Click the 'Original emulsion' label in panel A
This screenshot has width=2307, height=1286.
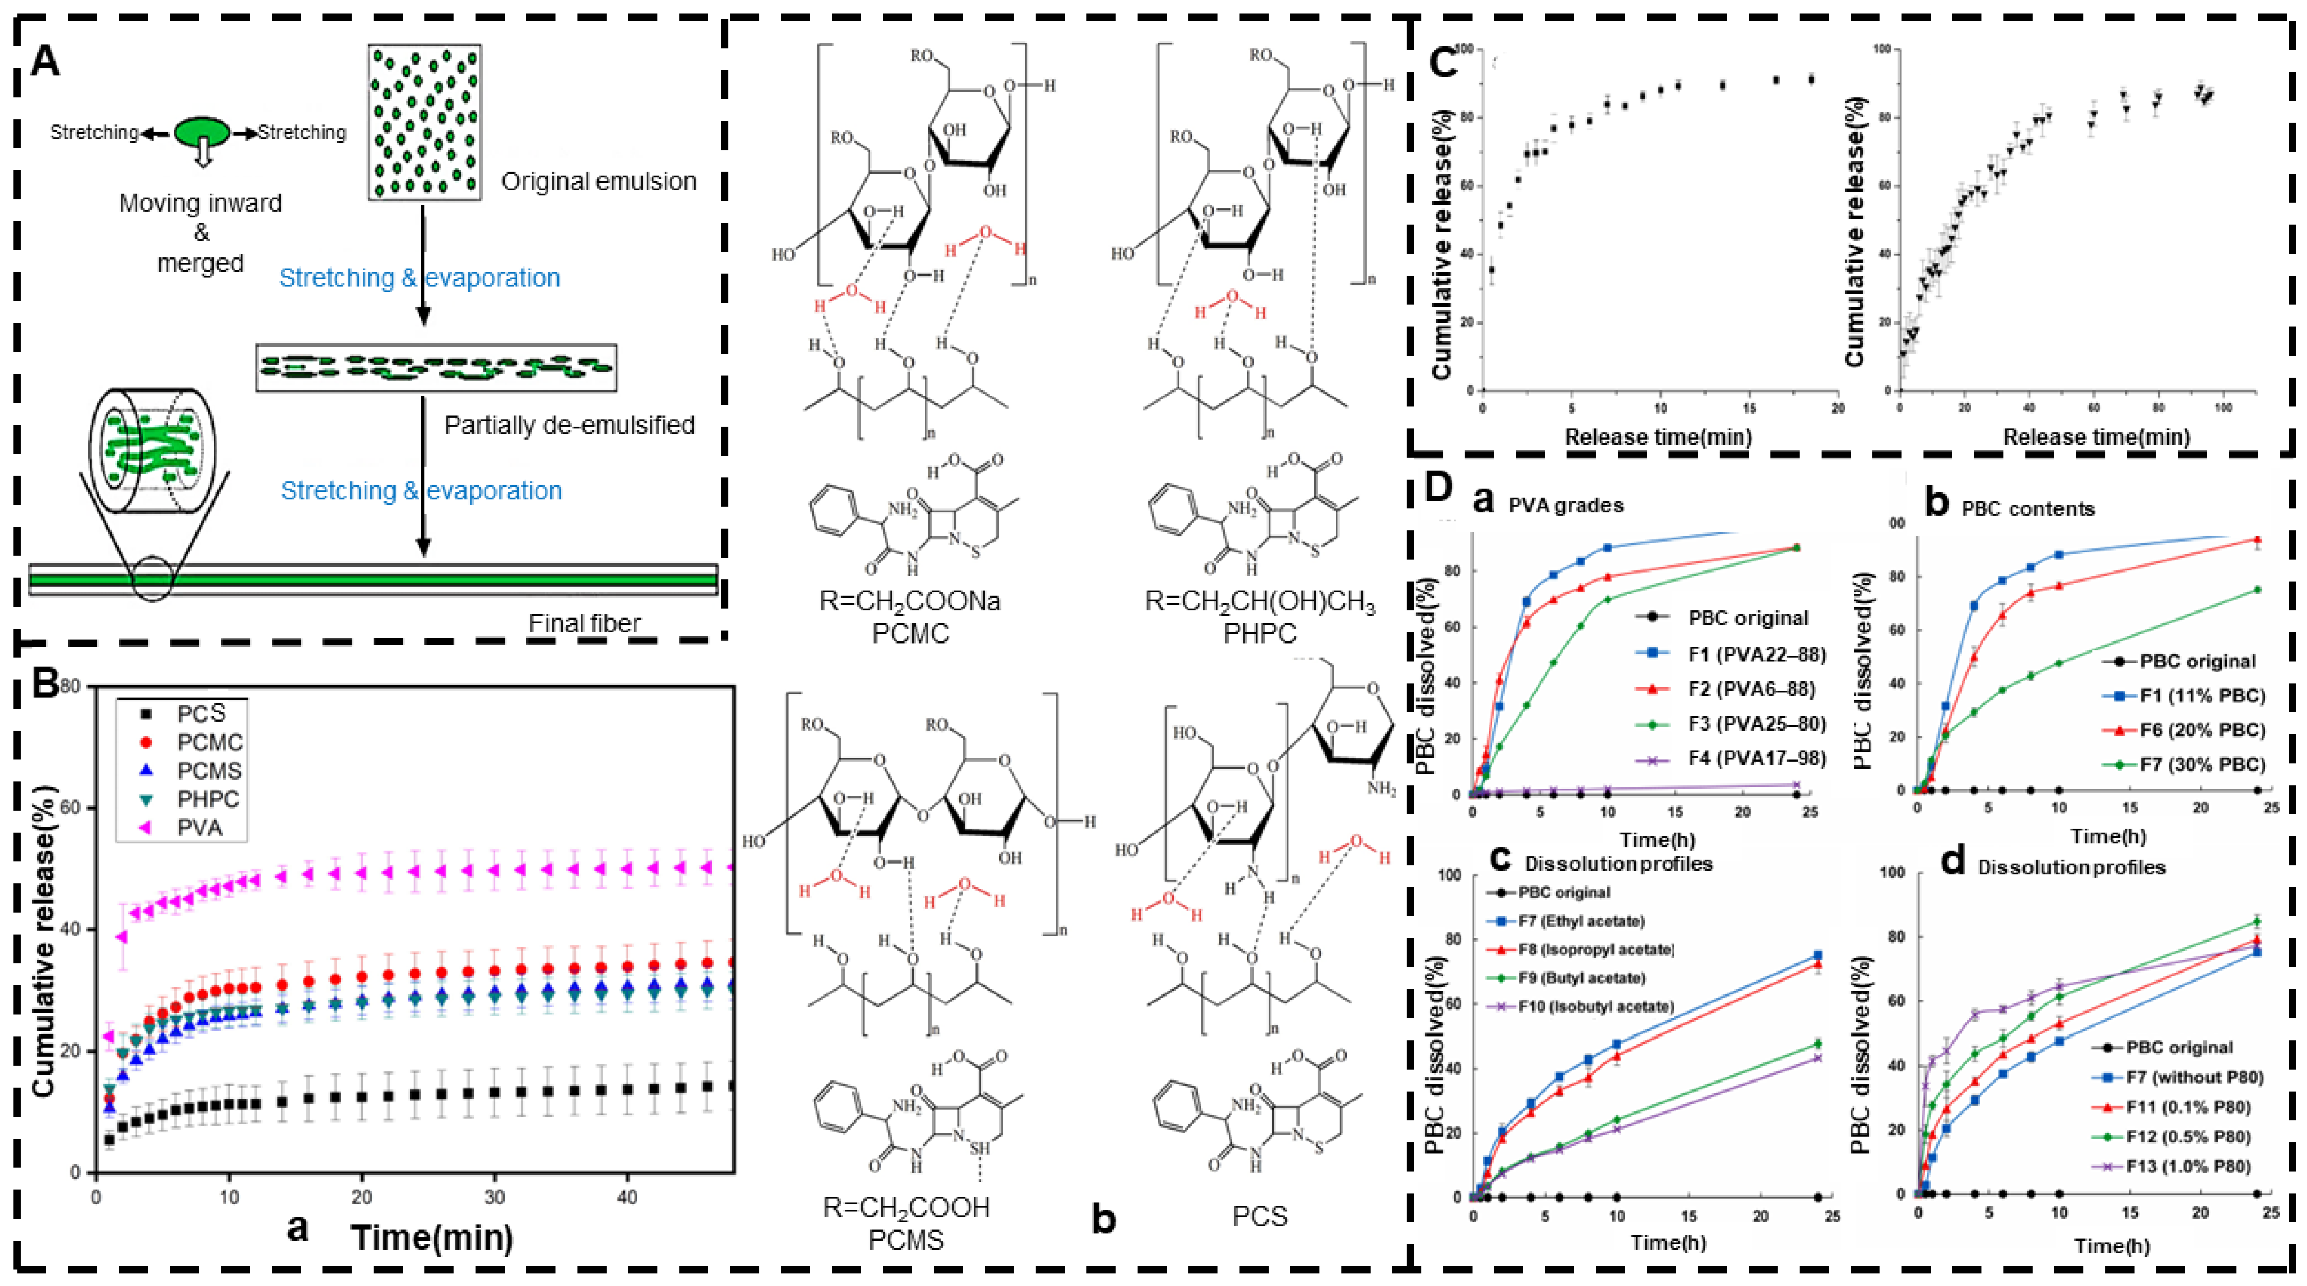coord(599,182)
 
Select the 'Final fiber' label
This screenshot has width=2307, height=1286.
coord(584,623)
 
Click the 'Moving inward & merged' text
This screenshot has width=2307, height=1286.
coord(201,233)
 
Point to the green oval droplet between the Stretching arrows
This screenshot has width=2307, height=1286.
coord(201,132)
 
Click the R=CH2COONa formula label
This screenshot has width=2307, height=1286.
coord(910,601)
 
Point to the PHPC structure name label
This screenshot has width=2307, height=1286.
coord(1260,634)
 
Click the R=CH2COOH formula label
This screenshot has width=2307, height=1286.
coord(907,1208)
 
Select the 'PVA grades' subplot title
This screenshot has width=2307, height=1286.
coord(1565,505)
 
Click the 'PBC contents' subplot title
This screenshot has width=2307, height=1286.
coord(2028,508)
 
